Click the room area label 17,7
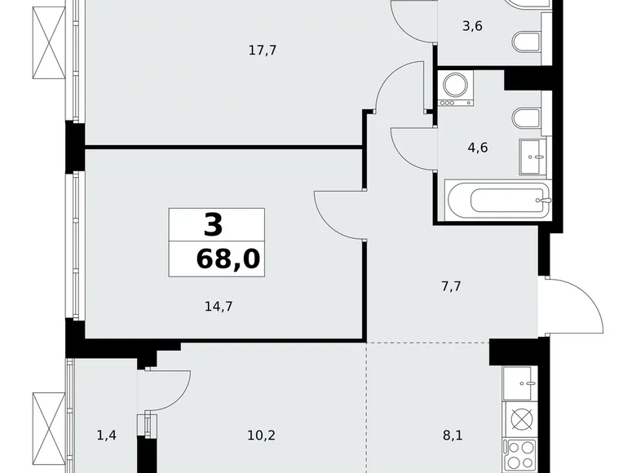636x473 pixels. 263,51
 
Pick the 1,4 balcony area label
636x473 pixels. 106,435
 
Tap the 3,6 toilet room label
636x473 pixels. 472,25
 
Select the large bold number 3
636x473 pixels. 212,223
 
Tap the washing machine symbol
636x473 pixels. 456,89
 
